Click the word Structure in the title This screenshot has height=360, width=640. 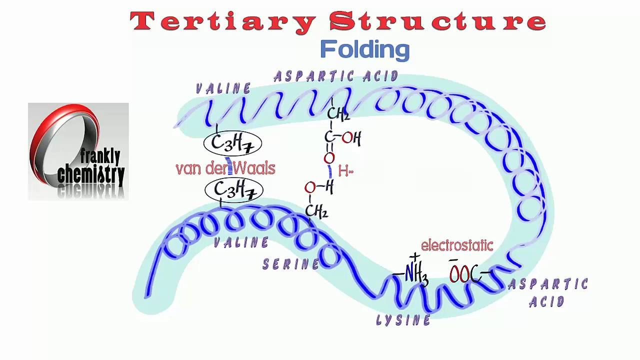click(x=438, y=21)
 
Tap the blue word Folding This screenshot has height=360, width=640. click(x=364, y=50)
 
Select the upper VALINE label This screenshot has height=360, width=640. click(x=223, y=89)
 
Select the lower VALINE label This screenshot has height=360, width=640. click(x=241, y=242)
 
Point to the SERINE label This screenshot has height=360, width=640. click(x=290, y=264)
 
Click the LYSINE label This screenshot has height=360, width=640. click(x=403, y=320)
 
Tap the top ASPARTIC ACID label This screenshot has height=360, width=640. click(x=336, y=76)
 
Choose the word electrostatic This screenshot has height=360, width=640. click(x=457, y=245)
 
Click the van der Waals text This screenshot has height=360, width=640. click(x=225, y=168)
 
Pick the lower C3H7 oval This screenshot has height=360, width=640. click(x=233, y=190)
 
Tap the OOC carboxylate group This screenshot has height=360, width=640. click(x=465, y=274)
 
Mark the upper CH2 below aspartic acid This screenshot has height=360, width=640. click(x=338, y=115)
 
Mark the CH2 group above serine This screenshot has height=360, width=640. click(x=316, y=211)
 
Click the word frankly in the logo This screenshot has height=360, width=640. click(x=100, y=157)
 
